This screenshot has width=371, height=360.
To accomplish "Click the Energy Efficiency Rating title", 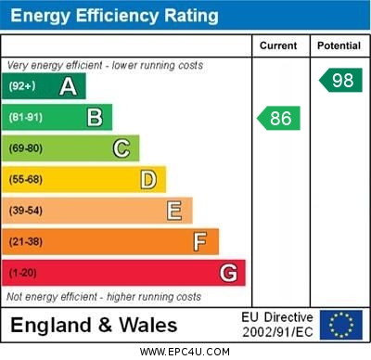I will tap(114, 16).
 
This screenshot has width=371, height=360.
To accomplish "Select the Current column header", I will tap(278, 45).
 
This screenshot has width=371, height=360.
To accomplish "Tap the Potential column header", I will tap(339, 45).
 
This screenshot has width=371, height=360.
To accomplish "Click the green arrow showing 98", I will tap(340, 80).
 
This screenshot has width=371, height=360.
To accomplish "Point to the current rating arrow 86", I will tap(279, 118).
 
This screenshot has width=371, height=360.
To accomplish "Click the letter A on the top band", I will tap(68, 86).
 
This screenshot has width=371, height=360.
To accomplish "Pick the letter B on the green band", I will tap(95, 118).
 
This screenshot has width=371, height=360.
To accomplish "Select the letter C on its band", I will tap(122, 148).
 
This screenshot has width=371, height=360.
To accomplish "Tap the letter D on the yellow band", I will tap(148, 179).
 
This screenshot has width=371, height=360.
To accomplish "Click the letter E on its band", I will tap(174, 211).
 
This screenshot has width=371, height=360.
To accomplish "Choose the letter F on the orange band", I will tap(200, 242).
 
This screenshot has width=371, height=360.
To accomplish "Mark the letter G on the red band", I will tap(228, 273).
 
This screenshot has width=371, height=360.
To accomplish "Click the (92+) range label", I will tap(23, 86).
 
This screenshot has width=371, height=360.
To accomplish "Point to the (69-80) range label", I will tap(26, 148).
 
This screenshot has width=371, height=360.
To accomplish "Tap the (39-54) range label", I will tap(26, 211).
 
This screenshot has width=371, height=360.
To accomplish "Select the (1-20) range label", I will tap(23, 274).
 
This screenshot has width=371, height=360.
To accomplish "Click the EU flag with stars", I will tap(340, 325).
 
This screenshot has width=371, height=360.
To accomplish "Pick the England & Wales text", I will tap(94, 326).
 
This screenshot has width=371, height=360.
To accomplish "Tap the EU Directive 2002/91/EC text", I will tap(277, 325).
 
